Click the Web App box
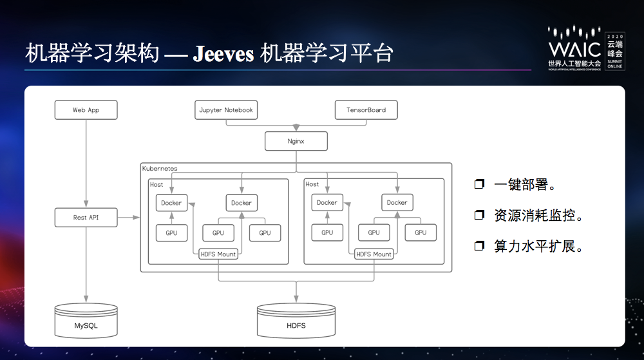pos(86,110)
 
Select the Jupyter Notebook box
pos(225,110)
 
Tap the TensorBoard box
pos(366,110)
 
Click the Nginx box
pos(296,141)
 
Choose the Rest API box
pos(86,218)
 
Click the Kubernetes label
pos(160,169)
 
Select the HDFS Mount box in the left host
pos(218,254)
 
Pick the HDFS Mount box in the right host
pos(374,254)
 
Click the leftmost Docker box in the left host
pos(171,203)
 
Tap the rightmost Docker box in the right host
pos(397,203)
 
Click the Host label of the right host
pos(312,184)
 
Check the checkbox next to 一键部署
pos(478,185)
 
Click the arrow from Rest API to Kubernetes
pos(128,218)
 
